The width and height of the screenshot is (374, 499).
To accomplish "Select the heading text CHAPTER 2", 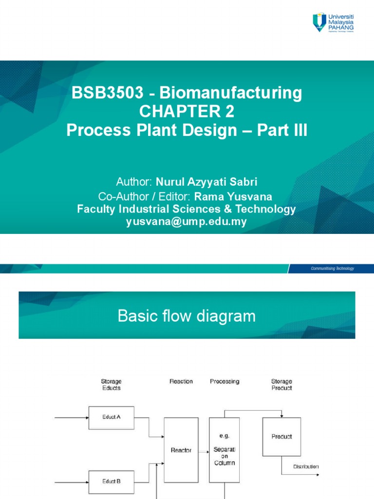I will click(x=187, y=112).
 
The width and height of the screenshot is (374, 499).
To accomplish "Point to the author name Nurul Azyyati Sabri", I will click(x=206, y=182).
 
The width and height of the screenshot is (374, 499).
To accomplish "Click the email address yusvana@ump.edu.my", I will click(x=187, y=222).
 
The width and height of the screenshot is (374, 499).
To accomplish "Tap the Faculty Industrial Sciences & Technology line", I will click(x=187, y=210).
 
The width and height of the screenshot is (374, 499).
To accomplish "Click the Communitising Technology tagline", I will click(x=333, y=269).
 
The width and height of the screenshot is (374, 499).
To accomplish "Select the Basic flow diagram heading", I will click(x=187, y=316).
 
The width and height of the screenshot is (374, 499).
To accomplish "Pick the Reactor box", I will click(x=181, y=450).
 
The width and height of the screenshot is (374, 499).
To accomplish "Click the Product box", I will click(x=281, y=437).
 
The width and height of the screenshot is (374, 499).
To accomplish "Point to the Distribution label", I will click(x=306, y=466).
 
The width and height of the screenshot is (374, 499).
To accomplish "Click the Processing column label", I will click(x=224, y=382).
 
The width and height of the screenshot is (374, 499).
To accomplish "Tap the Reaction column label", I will click(x=181, y=382).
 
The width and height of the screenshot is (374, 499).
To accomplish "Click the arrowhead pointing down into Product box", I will click(x=281, y=415).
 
